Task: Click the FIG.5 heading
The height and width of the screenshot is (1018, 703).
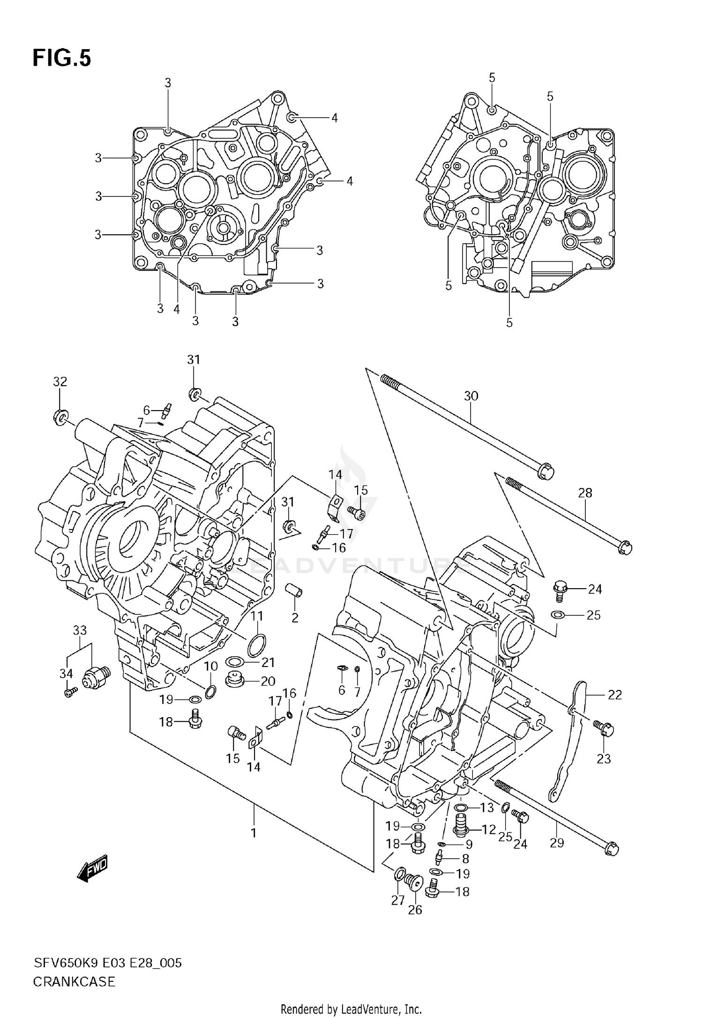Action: click(x=61, y=58)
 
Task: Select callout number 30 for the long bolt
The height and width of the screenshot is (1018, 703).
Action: click(x=471, y=396)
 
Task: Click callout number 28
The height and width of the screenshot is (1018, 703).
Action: click(x=585, y=493)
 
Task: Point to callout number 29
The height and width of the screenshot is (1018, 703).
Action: click(x=556, y=843)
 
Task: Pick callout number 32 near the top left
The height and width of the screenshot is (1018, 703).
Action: click(x=60, y=382)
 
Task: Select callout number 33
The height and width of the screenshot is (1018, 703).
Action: click(x=80, y=630)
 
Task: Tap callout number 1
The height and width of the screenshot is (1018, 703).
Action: click(x=254, y=833)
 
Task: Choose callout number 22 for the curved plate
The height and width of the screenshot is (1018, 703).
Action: click(x=614, y=695)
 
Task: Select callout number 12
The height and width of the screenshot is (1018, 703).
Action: click(x=488, y=829)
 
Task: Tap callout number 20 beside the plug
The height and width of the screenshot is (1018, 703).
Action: click(x=268, y=681)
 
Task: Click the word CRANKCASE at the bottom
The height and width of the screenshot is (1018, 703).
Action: click(x=74, y=981)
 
